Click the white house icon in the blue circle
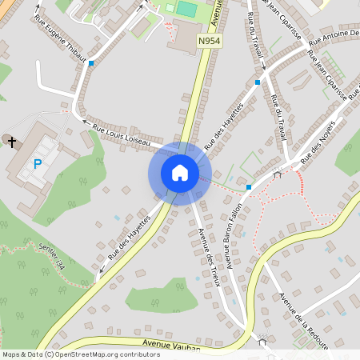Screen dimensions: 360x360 (x=180, y=173)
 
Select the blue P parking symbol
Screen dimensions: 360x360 (x=37, y=164)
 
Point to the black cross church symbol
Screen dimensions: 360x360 (x=11, y=142)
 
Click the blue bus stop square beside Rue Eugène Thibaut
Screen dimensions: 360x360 (x=91, y=62)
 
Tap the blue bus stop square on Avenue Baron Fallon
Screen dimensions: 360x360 (x=249, y=187)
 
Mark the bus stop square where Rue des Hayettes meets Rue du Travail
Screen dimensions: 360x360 (x=258, y=82)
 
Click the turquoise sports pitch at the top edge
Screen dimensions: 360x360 (x=186, y=8)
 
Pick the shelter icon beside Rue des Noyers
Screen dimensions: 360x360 (x=277, y=174)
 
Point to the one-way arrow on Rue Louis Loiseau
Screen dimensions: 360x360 (x=86, y=122)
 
